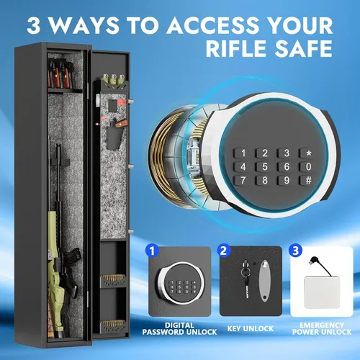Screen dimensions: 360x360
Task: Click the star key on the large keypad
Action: pyautogui.click(x=307, y=153)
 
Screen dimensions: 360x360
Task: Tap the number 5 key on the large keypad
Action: pyautogui.click(x=264, y=166)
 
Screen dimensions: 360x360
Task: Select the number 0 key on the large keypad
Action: pyautogui.click(x=307, y=166)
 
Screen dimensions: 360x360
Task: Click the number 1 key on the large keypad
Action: pyautogui.click(x=242, y=153)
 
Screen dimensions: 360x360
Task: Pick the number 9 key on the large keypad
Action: pyautogui.click(x=285, y=180)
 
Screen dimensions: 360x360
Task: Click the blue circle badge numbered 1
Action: pyautogui.click(x=153, y=251)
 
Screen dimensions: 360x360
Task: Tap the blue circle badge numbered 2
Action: pyautogui.click(x=224, y=251)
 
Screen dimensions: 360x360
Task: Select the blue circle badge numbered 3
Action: pyautogui.click(x=295, y=251)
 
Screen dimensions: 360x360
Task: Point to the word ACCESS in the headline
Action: pyautogui.click(x=212, y=25)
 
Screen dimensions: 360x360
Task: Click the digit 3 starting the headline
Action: pyautogui.click(x=33, y=25)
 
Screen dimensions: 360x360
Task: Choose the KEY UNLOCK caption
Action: pyautogui.click(x=251, y=328)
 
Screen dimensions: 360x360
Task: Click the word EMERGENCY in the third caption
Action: pyautogui.click(x=322, y=325)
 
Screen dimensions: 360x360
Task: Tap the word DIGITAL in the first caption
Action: pyautogui.click(x=179, y=325)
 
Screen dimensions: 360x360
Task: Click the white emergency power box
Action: pyautogui.click(x=322, y=292)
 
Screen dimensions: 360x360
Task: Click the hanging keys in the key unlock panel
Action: pyautogui.click(x=246, y=279)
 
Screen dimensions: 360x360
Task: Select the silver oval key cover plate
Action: pyautogui.click(x=264, y=281)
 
